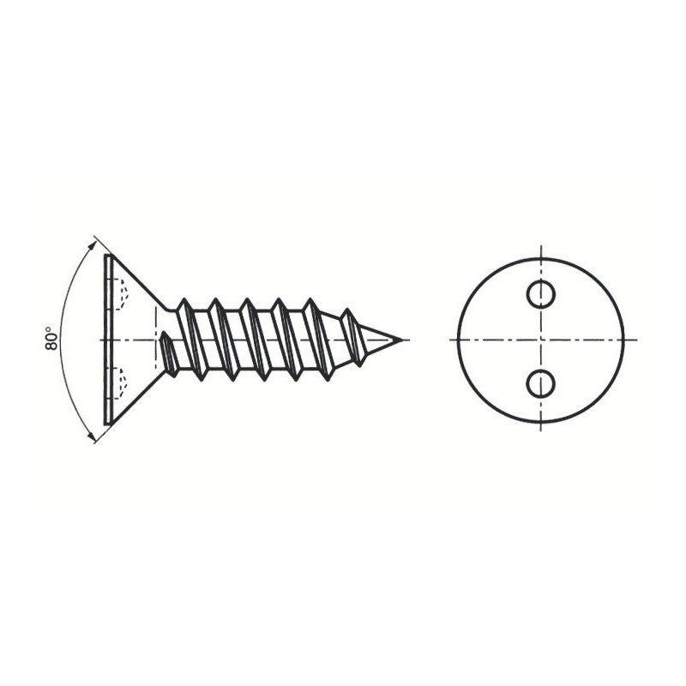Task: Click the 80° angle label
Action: (51, 338)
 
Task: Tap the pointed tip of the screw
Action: (400, 340)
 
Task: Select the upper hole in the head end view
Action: (541, 294)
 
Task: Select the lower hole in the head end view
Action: (541, 383)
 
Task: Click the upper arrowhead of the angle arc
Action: (92, 244)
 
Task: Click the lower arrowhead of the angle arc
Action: (92, 436)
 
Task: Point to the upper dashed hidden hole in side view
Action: (121, 294)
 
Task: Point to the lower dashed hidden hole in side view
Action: (121, 383)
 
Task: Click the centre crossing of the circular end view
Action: (541, 340)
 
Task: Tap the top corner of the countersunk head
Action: (111, 255)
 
